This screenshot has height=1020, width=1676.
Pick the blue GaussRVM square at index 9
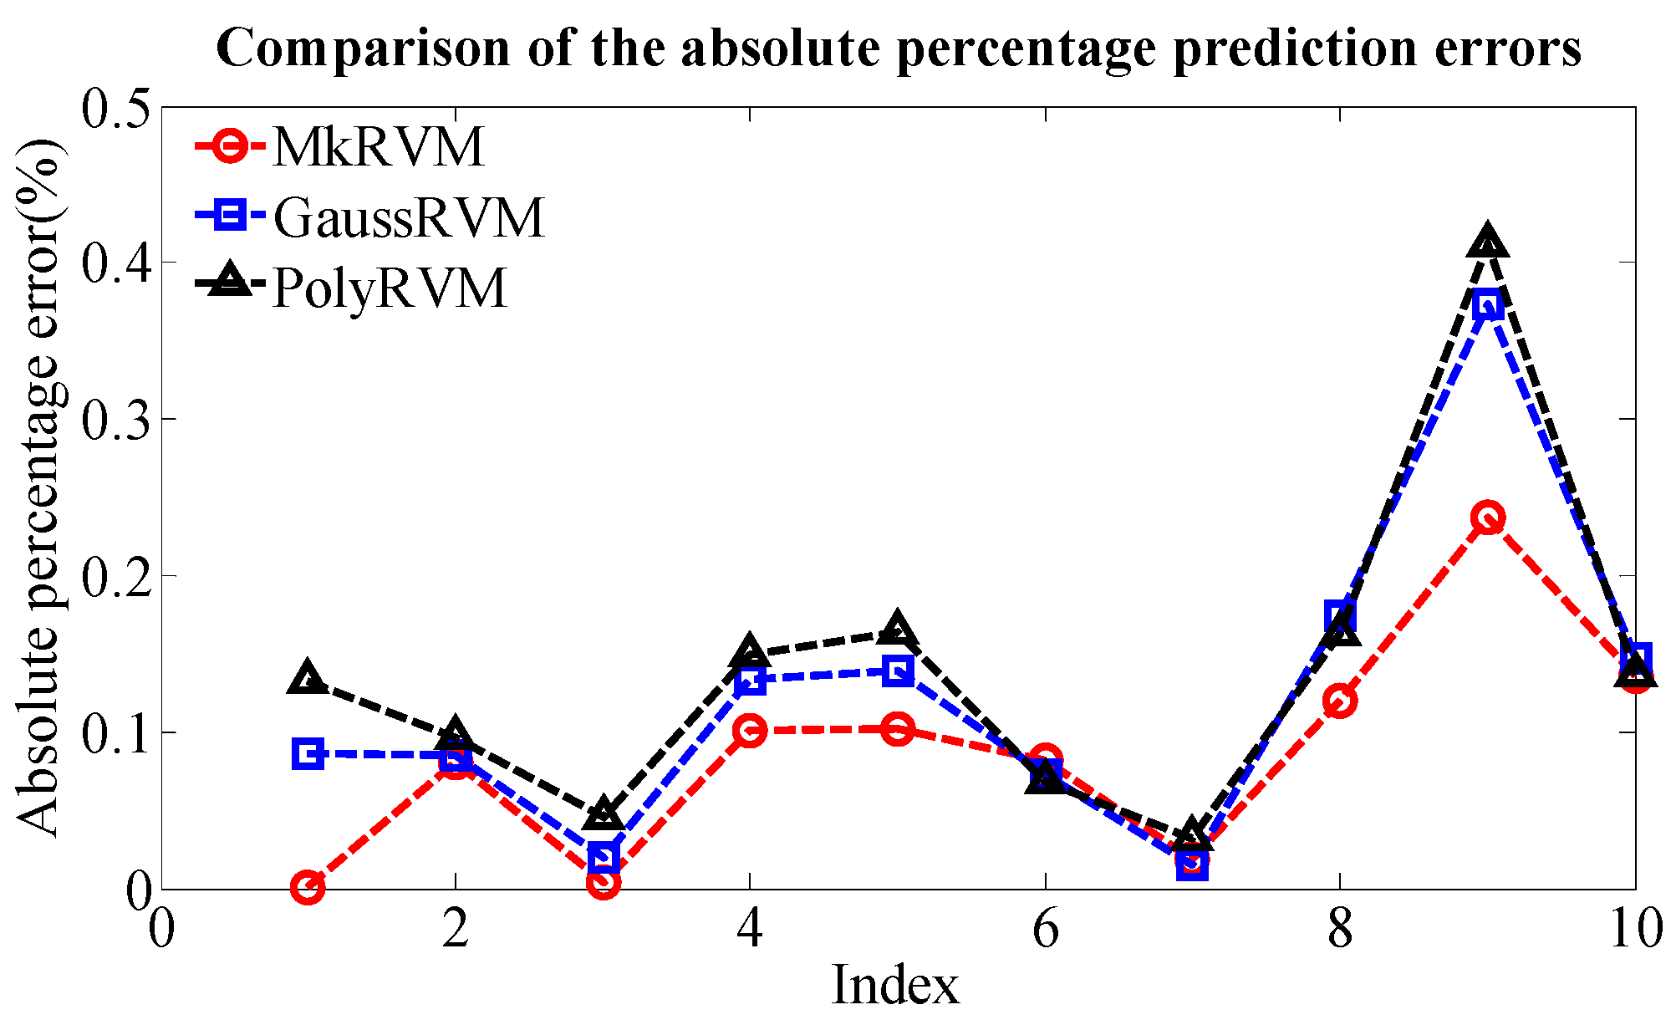[1487, 305]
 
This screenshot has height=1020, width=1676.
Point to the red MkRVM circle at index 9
[1487, 518]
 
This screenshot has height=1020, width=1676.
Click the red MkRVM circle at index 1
[308, 887]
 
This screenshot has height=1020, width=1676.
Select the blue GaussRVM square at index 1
[308, 754]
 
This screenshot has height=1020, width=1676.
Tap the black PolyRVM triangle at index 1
[308, 678]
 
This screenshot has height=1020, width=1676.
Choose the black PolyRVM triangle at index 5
[897, 630]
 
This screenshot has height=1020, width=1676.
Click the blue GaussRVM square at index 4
[750, 680]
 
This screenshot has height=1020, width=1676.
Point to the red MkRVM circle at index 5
[897, 730]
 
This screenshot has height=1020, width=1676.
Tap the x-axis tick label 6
[1045, 930]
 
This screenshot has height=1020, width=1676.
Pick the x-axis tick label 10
[1634, 930]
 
